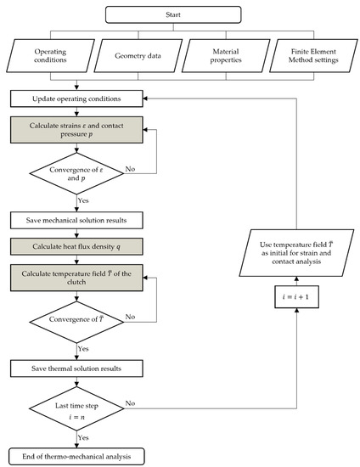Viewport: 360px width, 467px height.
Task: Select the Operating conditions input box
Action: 53,56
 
